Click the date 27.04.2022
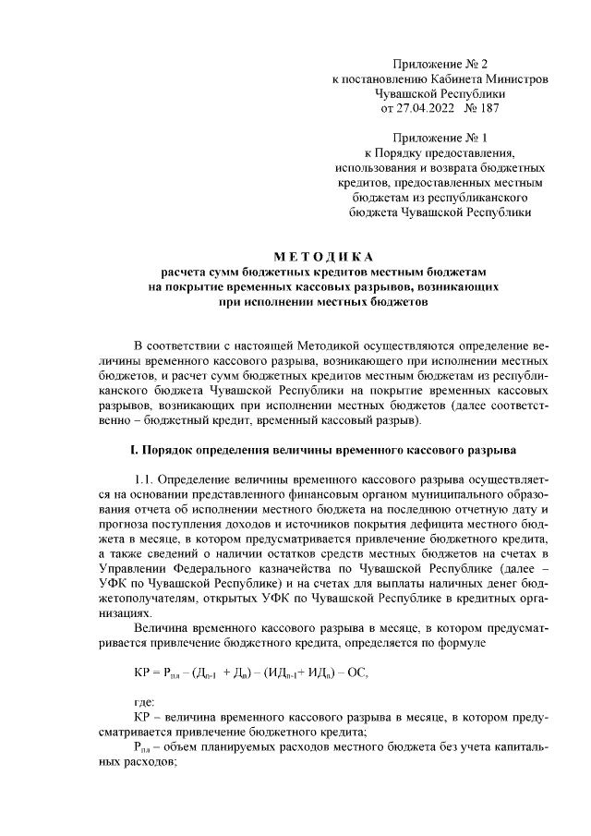(x=426, y=108)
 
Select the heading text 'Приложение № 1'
(x=440, y=138)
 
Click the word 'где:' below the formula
(x=145, y=703)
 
